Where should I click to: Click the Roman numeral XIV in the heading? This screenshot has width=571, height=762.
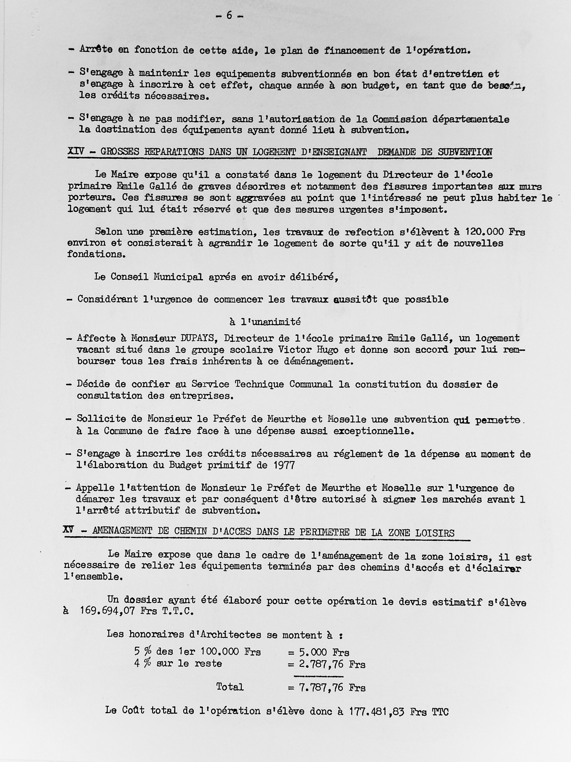coord(76,152)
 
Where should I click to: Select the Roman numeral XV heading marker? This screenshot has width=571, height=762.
coord(69,531)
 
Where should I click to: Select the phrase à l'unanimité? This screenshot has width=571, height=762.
coord(265,322)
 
